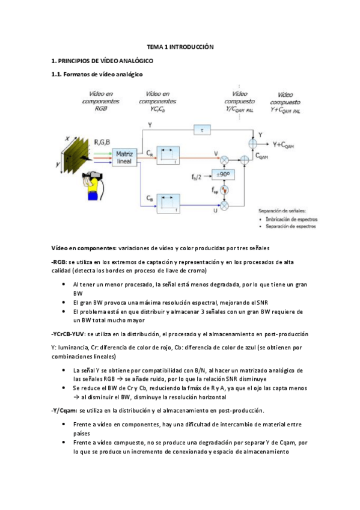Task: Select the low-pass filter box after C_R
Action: pos(168,156)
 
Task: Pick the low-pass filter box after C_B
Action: pos(168,204)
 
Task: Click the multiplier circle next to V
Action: pos(225,160)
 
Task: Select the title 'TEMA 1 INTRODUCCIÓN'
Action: pos(180,47)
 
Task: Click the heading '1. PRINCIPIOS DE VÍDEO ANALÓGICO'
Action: pos(102,61)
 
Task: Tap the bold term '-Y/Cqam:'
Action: pos(65,410)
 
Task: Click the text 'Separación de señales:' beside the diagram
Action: pos(281,210)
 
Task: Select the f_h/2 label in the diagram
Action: pos(196,176)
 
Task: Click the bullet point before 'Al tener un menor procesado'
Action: pos(65,283)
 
